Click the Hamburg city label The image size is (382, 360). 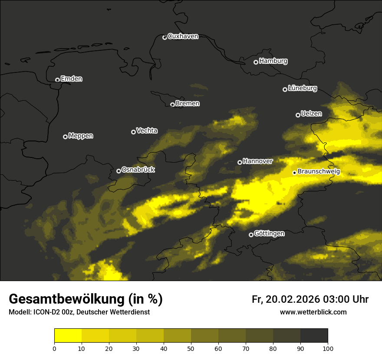(273, 61)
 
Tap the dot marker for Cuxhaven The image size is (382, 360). (165, 37)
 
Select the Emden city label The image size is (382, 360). (71, 79)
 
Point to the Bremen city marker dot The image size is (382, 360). (172, 105)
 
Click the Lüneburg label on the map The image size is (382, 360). (302, 88)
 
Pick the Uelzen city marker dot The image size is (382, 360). (298, 115)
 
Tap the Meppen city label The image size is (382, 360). (81, 136)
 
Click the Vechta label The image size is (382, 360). (147, 131)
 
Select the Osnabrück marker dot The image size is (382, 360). (119, 171)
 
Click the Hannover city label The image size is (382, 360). (257, 161)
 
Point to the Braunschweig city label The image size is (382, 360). (319, 172)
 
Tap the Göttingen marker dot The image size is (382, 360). (251, 235)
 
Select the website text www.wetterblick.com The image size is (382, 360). (313, 312)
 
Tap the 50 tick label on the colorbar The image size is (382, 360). (191, 348)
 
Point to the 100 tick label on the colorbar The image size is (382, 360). (328, 348)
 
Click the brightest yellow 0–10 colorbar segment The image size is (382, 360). (68, 336)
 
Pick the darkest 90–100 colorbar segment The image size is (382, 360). (314, 336)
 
